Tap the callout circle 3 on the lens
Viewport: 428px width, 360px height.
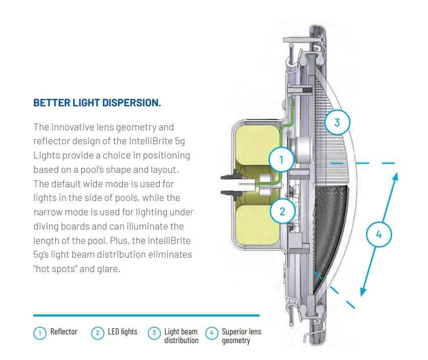(337, 123)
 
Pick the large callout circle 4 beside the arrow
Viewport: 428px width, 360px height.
(379, 235)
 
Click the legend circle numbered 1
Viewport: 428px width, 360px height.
(40, 333)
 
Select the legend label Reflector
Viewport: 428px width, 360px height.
(64, 332)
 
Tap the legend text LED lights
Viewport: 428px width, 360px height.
(122, 332)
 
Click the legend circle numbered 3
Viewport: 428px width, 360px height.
(154, 333)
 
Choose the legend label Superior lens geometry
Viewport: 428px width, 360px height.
(241, 336)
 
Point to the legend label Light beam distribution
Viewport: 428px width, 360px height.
(181, 336)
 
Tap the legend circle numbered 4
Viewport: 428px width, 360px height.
(211, 333)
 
